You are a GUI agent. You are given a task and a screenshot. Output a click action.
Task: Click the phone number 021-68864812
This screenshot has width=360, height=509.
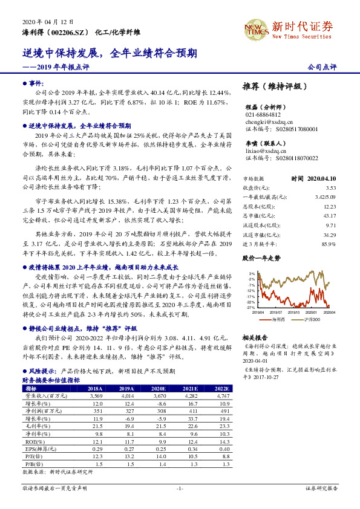point(263,114)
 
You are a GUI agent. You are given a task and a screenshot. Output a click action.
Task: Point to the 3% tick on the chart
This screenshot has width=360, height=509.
point(250,273)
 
